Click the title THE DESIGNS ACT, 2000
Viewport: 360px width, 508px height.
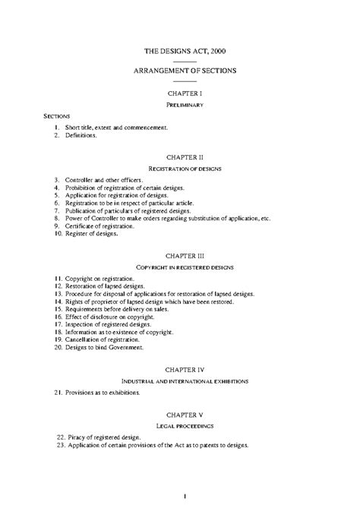(x=185, y=52)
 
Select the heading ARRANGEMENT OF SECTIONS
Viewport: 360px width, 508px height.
(x=185, y=71)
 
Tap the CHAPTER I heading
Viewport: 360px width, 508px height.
(x=185, y=91)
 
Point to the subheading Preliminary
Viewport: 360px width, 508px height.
(x=185, y=103)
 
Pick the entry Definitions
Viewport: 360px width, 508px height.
(x=82, y=135)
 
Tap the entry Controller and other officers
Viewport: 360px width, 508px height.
(x=103, y=179)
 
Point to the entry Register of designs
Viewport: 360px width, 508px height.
(x=91, y=235)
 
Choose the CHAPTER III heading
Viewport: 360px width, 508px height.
(x=185, y=256)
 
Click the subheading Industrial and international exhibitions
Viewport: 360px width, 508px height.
(x=185, y=380)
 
